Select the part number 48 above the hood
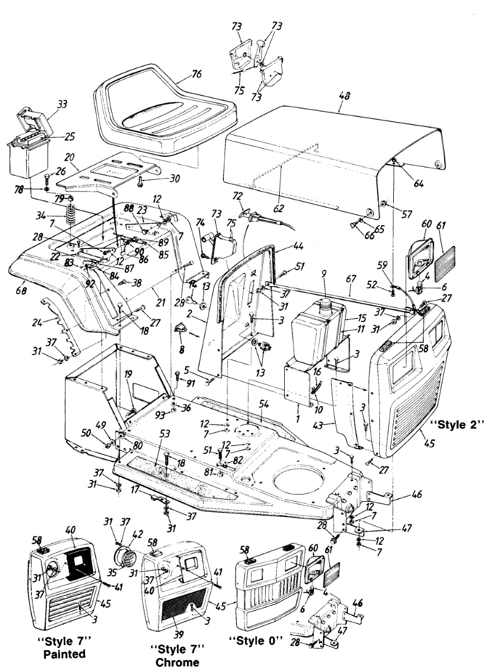point(344,96)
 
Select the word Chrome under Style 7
point(177,662)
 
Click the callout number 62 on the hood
point(278,209)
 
